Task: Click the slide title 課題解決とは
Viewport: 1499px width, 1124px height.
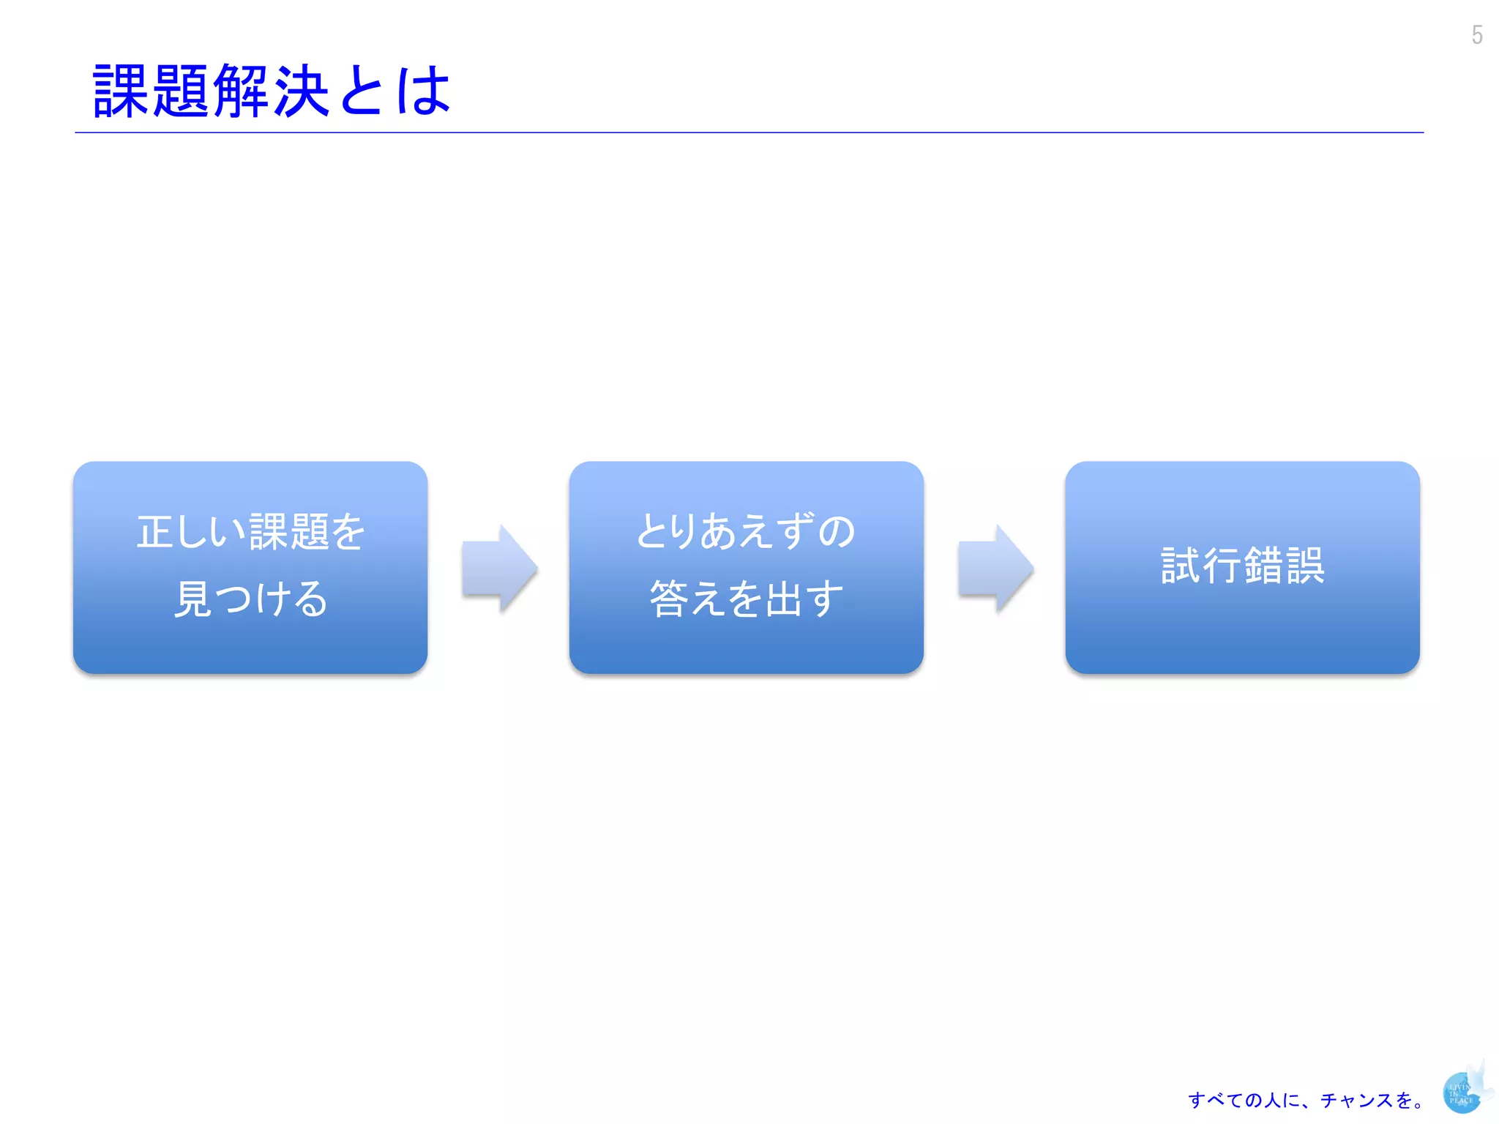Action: (271, 91)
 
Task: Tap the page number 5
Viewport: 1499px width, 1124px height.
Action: (1477, 35)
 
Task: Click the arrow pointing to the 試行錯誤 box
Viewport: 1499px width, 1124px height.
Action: (995, 568)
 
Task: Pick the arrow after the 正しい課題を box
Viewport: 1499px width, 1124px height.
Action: (500, 568)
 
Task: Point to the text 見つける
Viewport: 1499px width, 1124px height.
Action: (250, 599)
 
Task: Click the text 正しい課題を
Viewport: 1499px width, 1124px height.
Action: (250, 531)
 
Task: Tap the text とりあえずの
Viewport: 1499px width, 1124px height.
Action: (746, 531)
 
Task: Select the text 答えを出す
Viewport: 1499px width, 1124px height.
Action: (746, 599)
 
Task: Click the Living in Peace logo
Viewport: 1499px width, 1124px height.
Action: (1464, 1091)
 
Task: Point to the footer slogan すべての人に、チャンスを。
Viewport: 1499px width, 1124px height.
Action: (1306, 1100)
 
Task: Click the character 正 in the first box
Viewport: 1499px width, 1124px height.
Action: (155, 531)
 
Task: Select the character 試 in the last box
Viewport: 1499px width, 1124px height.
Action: (1181, 566)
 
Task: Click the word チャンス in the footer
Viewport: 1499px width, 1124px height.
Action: (1358, 1100)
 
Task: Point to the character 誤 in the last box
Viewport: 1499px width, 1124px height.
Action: (1305, 566)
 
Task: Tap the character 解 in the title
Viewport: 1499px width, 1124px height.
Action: (242, 91)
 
